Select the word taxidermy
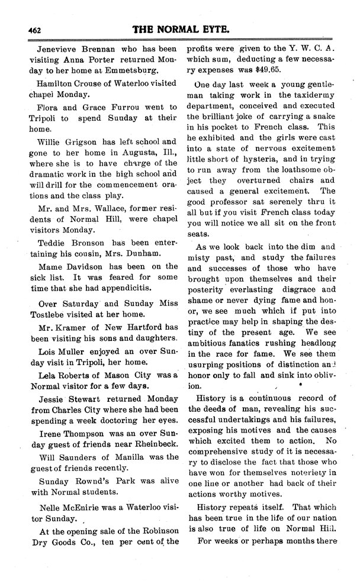(x=312, y=95)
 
